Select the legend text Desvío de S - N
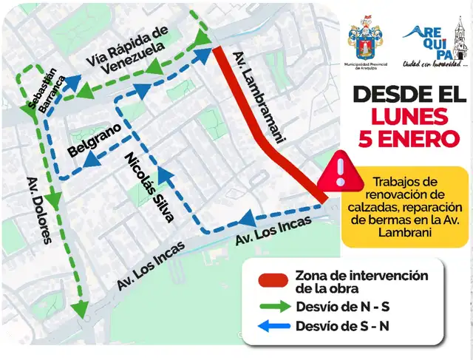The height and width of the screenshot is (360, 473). pos(341,326)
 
